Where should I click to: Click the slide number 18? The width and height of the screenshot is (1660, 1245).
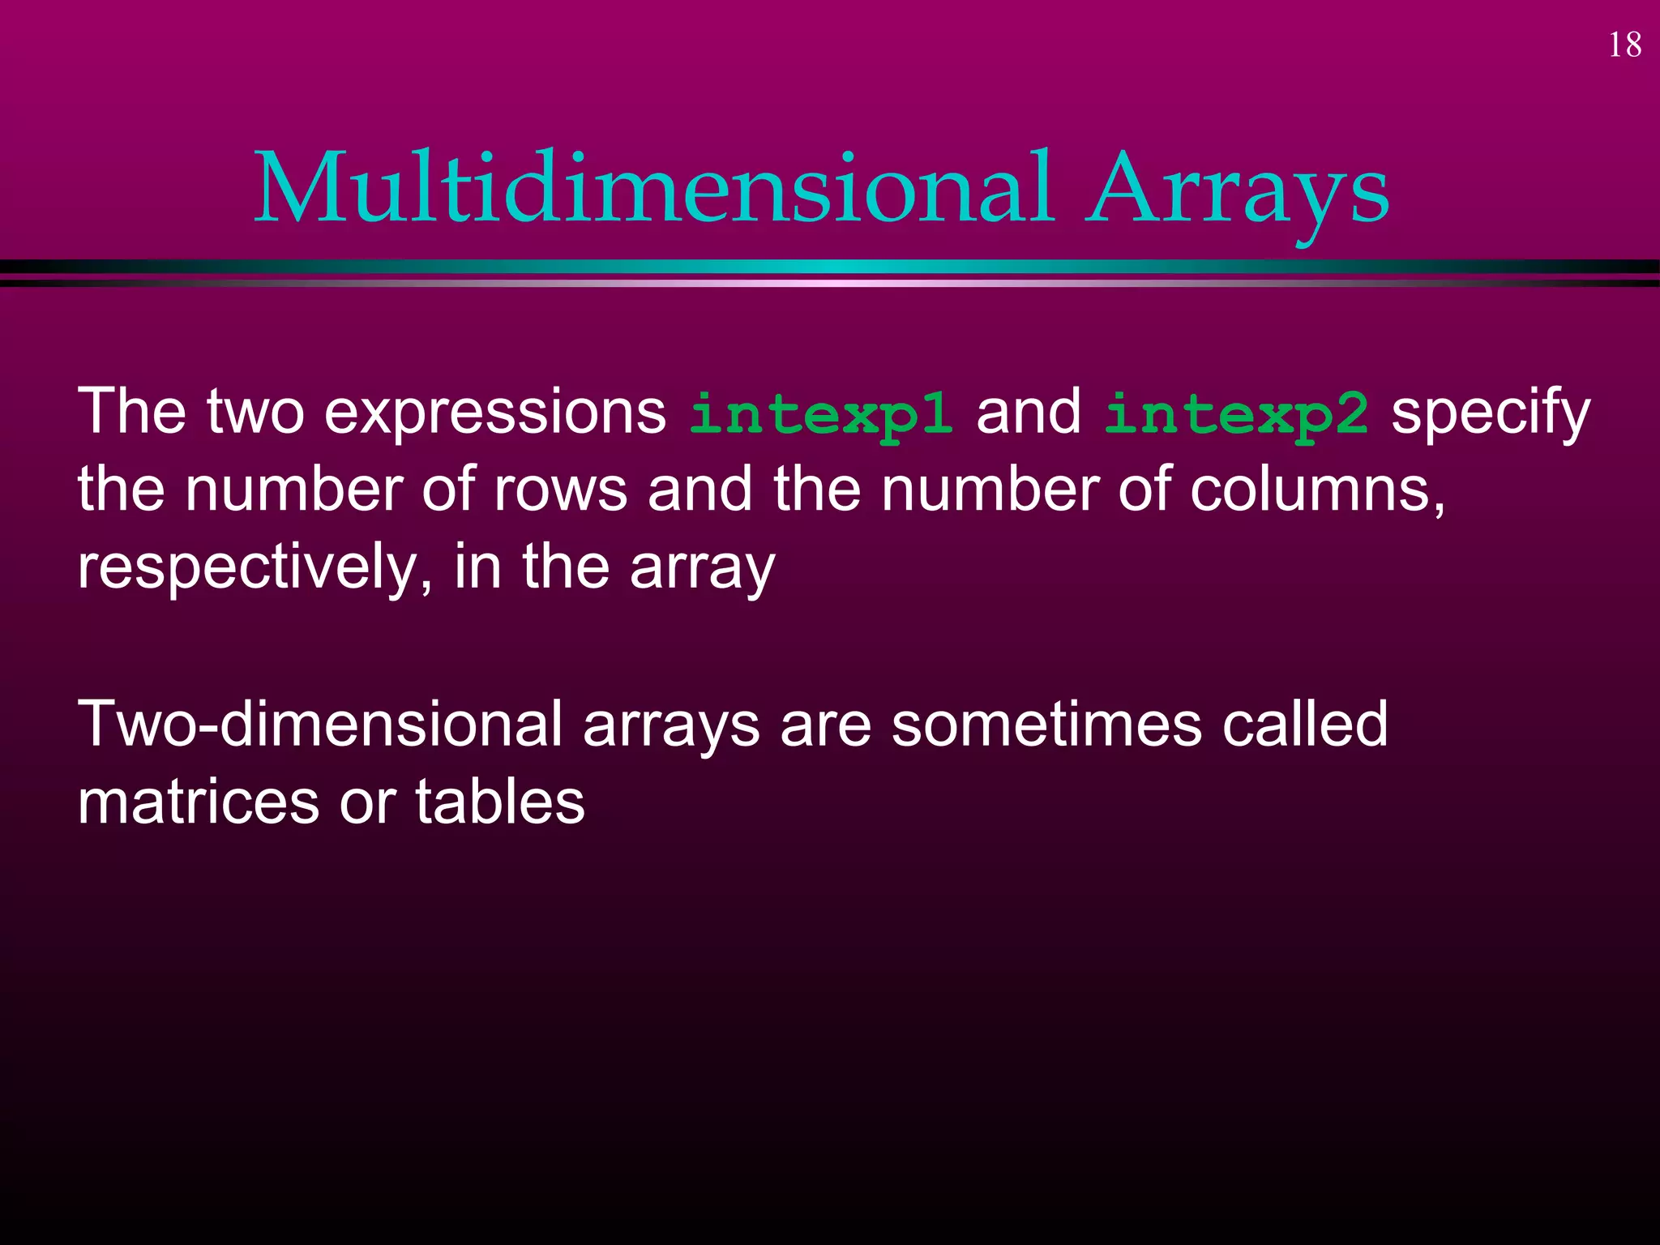[1624, 45]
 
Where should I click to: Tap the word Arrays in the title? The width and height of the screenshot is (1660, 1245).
[1238, 188]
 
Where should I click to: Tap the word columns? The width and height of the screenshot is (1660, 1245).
[1317, 490]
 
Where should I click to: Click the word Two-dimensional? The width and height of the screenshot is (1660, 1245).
[320, 724]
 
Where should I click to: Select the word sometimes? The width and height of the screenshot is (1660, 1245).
[1046, 724]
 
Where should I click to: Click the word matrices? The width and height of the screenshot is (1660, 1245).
[199, 802]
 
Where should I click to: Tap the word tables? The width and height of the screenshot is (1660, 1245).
[500, 802]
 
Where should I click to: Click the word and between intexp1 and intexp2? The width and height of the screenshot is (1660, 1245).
[1028, 412]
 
